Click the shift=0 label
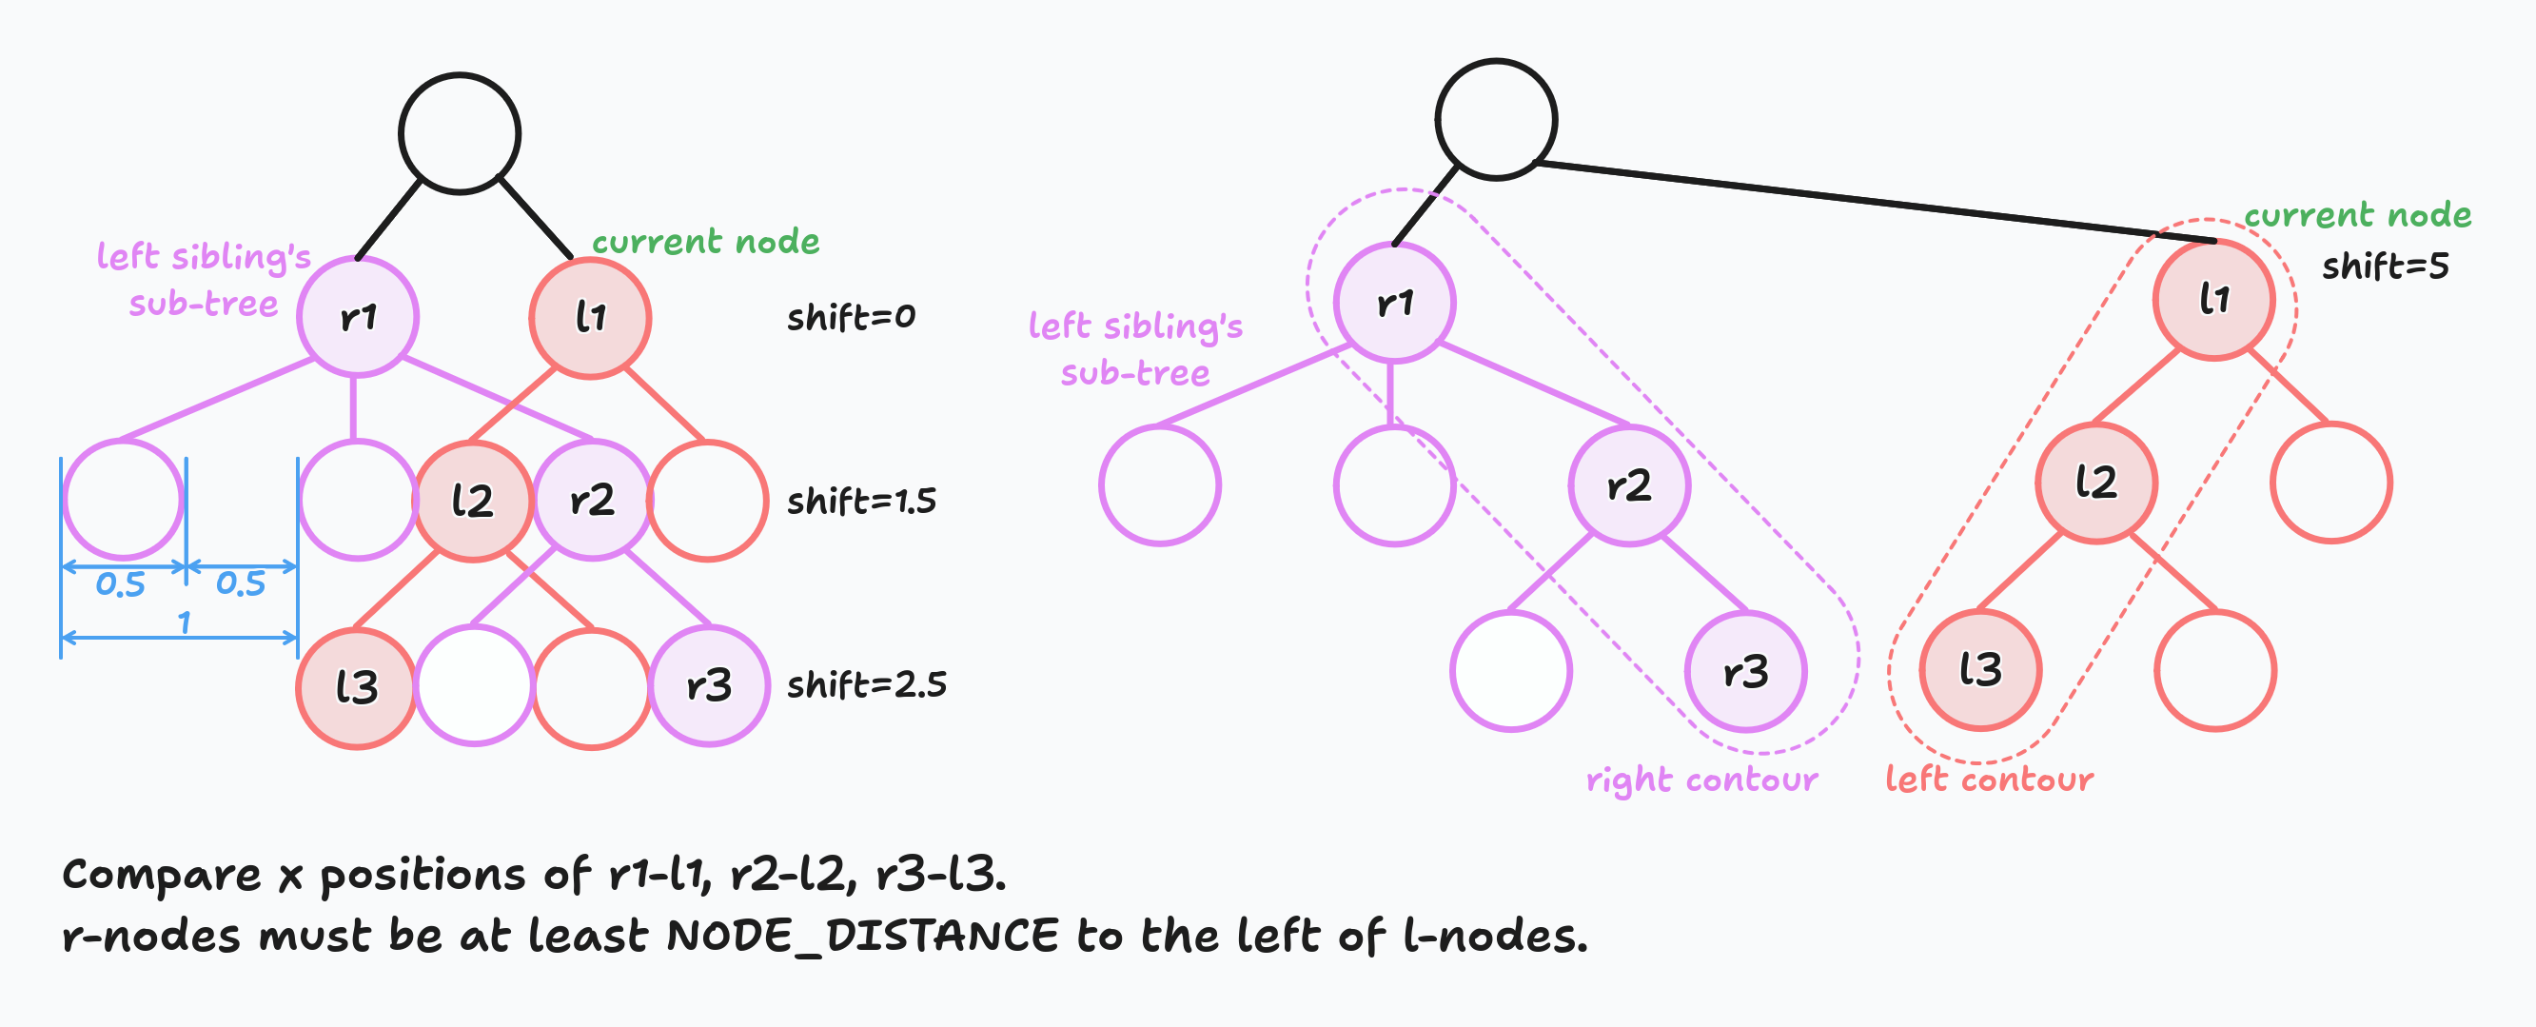click(x=851, y=317)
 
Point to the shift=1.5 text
click(x=861, y=502)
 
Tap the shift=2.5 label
click(x=866, y=684)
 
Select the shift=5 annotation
click(x=2385, y=266)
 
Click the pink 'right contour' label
click(x=1701, y=780)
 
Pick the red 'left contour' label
click(x=1989, y=780)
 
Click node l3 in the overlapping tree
click(x=357, y=687)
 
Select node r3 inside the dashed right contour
click(x=1745, y=672)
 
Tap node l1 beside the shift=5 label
click(x=2213, y=299)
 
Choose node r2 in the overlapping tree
click(x=592, y=501)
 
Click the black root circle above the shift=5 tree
click(x=1495, y=119)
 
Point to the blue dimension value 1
click(x=184, y=622)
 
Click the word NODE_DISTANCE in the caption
click(x=862, y=937)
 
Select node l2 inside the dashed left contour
click(x=2096, y=483)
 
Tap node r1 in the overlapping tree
click(x=359, y=317)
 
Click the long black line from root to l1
click(x=1871, y=201)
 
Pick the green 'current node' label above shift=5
click(x=2357, y=216)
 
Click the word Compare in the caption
click(x=162, y=875)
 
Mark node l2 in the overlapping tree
click(x=473, y=502)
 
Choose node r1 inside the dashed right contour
click(x=1394, y=303)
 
